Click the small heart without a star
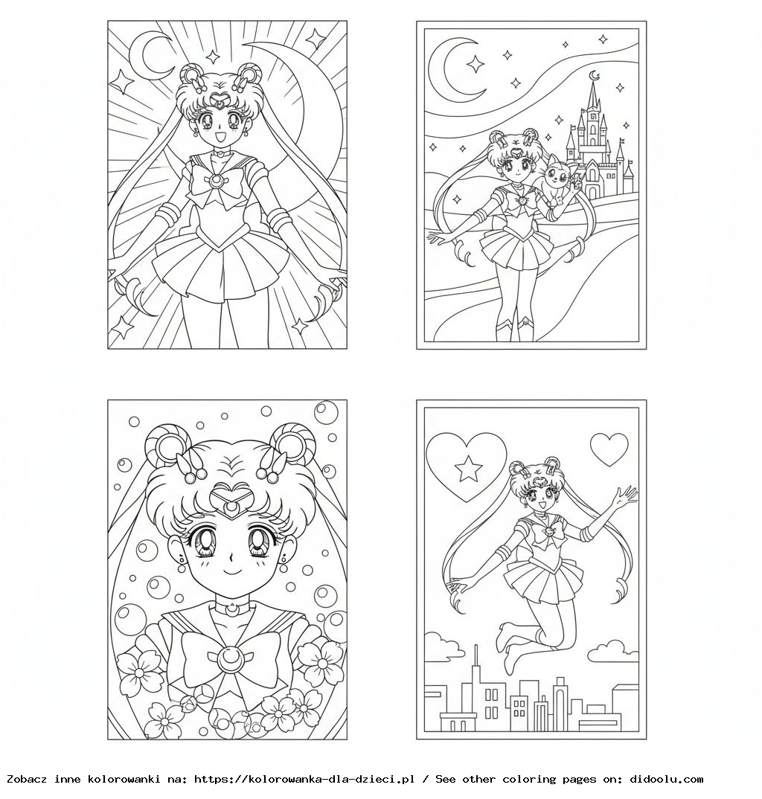pyautogui.click(x=609, y=449)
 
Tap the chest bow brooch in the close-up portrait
pyautogui.click(x=227, y=658)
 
